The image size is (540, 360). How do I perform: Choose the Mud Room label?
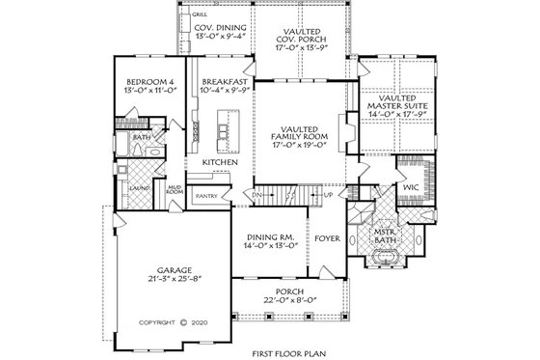tap(174, 191)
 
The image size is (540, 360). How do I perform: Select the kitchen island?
tap(229, 125)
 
